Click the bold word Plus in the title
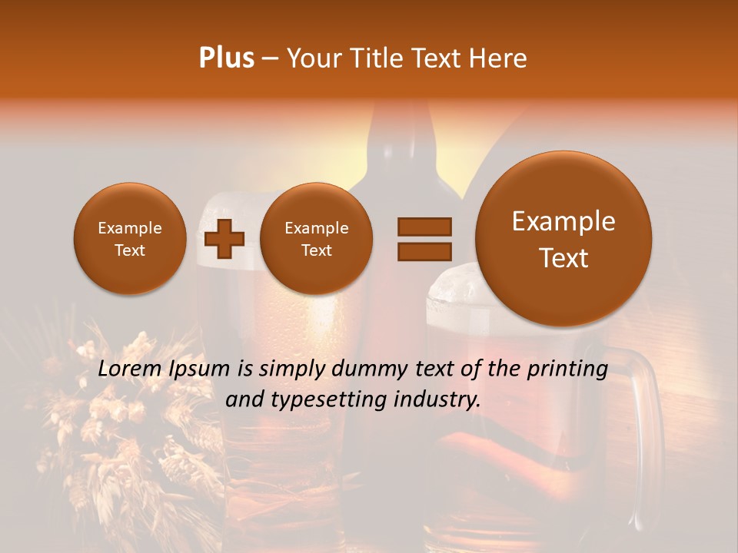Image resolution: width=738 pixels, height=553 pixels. [226, 58]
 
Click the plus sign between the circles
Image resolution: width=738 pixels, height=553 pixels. [224, 239]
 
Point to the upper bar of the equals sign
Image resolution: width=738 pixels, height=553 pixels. [424, 227]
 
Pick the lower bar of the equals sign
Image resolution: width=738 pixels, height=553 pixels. [424, 251]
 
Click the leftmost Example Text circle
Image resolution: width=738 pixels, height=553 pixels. [129, 239]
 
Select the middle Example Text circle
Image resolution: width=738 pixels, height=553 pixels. [316, 239]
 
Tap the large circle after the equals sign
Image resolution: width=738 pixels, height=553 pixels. [563, 239]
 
